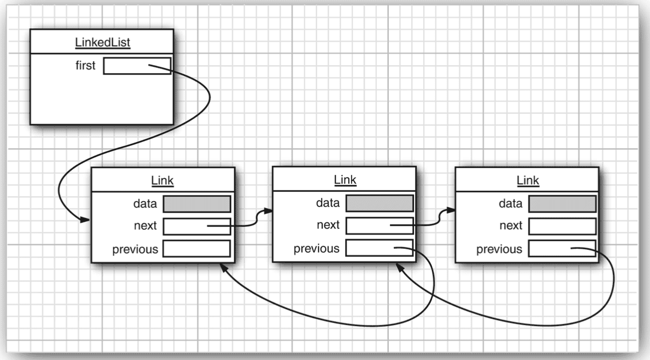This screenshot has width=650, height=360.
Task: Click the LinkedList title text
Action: pos(103,42)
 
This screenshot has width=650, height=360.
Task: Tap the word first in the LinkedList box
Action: pos(85,66)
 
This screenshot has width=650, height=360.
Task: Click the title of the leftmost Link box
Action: pos(163,181)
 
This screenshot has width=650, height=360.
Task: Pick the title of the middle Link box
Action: pos(345,179)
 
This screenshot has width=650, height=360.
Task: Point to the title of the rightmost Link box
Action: pos(528,179)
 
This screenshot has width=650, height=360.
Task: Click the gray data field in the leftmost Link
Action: pos(196,204)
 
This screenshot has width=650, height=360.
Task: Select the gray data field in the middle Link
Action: pos(379,203)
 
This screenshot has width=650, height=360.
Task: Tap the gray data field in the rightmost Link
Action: pos(562,203)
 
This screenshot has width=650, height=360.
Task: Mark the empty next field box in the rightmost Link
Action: pos(562,226)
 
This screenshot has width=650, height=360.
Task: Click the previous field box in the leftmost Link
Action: pos(196,249)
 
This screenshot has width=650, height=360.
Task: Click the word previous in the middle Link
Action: pos(316,248)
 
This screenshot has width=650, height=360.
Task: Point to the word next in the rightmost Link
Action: pos(511,226)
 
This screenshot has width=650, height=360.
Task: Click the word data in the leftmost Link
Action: pos(144,204)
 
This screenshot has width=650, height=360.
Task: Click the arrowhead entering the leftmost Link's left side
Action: pos(86,221)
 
